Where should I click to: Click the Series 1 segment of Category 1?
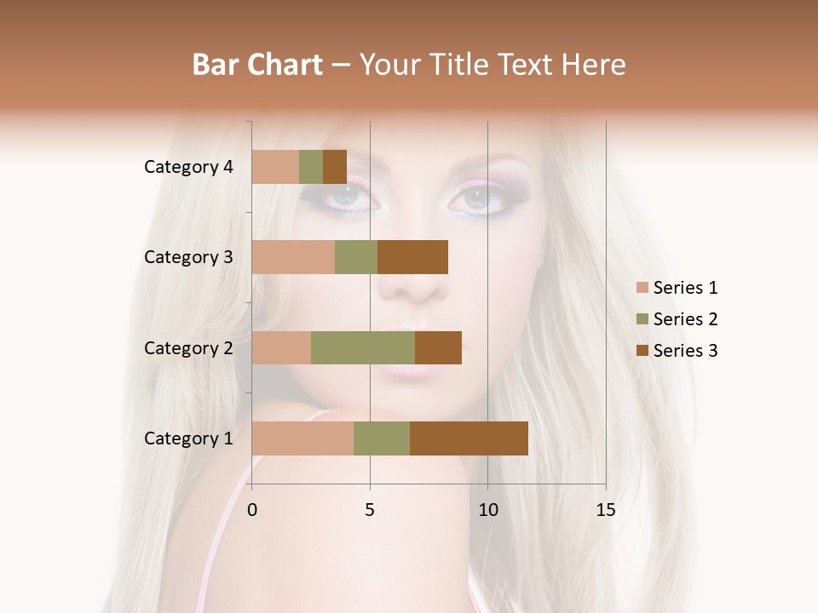[302, 438]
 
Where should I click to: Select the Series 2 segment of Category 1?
[382, 438]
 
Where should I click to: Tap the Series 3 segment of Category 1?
[469, 438]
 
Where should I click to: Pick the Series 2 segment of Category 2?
[363, 347]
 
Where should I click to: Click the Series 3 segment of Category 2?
[438, 347]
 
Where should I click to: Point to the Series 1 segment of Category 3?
[293, 257]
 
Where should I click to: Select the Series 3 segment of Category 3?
[412, 257]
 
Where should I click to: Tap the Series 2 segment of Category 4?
[311, 167]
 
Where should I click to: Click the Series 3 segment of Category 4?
[335, 167]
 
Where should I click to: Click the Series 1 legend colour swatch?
[642, 288]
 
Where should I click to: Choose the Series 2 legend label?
[685, 319]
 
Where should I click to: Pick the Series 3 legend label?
[685, 351]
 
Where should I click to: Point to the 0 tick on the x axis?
[252, 510]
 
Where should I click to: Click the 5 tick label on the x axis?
[370, 510]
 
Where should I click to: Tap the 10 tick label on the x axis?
[487, 510]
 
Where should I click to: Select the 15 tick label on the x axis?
[605, 510]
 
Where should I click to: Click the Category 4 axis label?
[188, 167]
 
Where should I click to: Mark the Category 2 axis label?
[188, 347]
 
